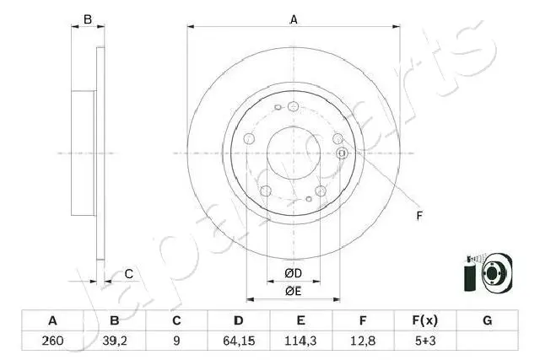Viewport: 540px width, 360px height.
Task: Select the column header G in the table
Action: point(486,320)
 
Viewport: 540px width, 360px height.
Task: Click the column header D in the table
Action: point(239,320)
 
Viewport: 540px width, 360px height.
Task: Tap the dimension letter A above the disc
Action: point(294,19)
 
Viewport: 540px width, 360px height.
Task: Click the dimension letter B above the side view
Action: point(86,19)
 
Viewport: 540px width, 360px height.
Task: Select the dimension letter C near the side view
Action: point(128,273)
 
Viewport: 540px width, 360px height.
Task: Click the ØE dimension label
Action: point(293,291)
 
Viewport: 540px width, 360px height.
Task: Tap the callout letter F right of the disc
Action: point(418,216)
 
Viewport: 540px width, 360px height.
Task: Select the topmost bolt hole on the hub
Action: point(293,106)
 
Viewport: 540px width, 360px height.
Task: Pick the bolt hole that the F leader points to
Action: point(343,153)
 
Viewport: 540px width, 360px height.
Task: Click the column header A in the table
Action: point(53,320)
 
